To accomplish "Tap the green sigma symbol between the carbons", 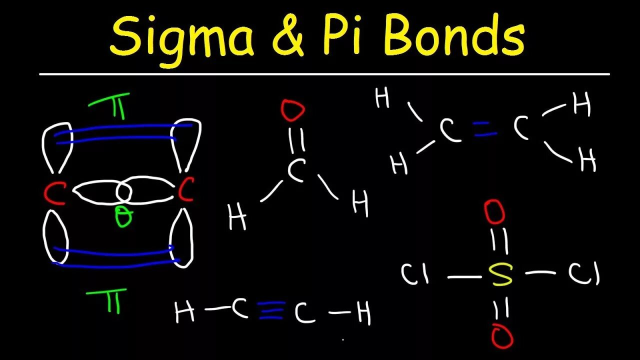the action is click(123, 217).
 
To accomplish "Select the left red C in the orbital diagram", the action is click(54, 192).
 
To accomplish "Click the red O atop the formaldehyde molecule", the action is click(292, 110).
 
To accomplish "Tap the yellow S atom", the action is click(501, 273).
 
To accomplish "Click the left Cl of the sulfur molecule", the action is click(415, 274).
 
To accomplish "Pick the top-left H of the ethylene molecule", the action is click(382, 98).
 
